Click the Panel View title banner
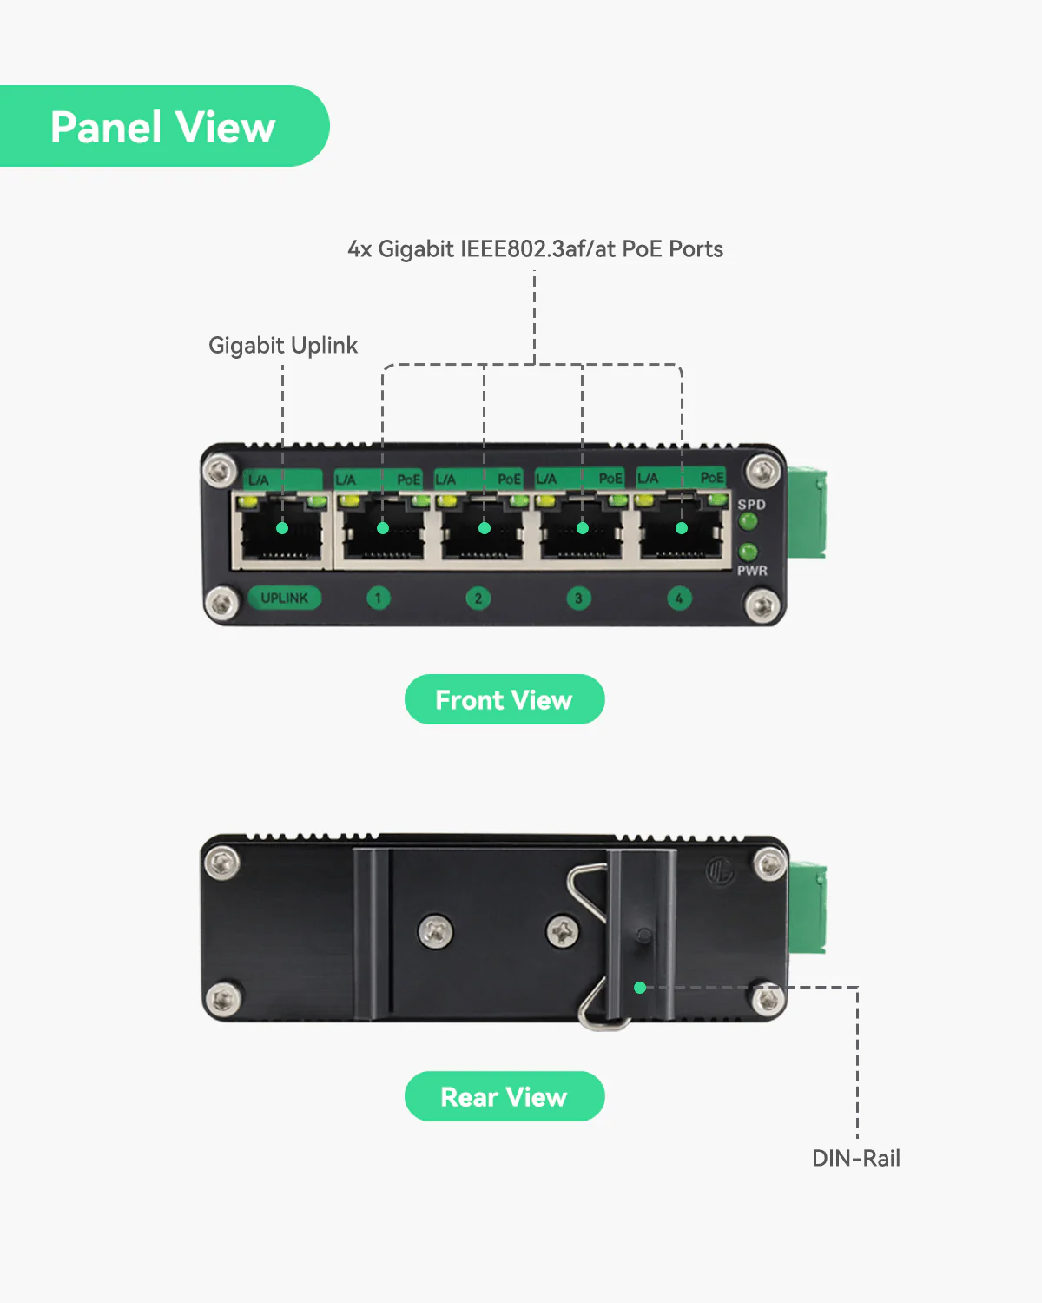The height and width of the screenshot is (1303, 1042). click(x=163, y=127)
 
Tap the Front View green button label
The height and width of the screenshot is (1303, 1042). click(x=504, y=699)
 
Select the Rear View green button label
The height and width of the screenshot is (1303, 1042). click(x=504, y=1096)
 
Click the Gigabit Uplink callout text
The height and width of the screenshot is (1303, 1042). click(x=283, y=345)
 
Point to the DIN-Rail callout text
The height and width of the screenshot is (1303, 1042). click(x=855, y=1158)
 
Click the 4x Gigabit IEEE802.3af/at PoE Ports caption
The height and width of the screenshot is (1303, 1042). click(x=535, y=249)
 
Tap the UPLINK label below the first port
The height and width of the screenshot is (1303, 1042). click(x=284, y=598)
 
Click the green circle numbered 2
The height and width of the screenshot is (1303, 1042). click(x=478, y=598)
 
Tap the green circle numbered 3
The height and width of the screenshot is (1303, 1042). click(x=578, y=598)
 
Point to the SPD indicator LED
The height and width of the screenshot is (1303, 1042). click(x=748, y=522)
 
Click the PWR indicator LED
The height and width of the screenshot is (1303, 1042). click(x=748, y=552)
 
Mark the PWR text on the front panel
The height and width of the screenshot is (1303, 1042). click(x=752, y=571)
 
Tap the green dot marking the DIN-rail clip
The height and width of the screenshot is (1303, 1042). click(x=640, y=988)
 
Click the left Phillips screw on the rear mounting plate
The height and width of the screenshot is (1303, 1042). click(x=435, y=931)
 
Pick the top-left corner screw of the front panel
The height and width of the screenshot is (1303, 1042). click(x=220, y=471)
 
